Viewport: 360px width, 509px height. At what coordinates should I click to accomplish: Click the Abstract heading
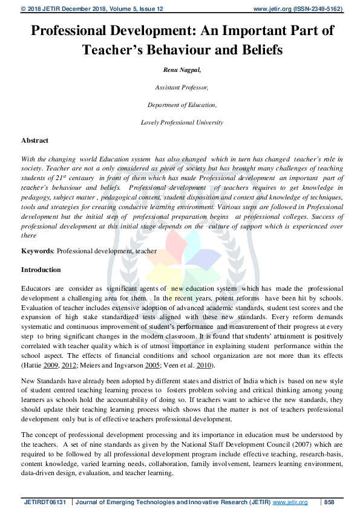(x=34, y=140)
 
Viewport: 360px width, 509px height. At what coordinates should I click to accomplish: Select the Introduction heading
(x=41, y=269)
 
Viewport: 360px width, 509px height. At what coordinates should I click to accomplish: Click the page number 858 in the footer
(x=330, y=502)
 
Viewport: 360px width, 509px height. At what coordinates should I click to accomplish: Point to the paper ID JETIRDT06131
(x=47, y=502)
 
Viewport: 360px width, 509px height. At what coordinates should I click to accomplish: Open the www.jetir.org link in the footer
(x=290, y=502)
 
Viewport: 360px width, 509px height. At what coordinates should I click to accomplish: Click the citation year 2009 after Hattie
(x=51, y=366)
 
